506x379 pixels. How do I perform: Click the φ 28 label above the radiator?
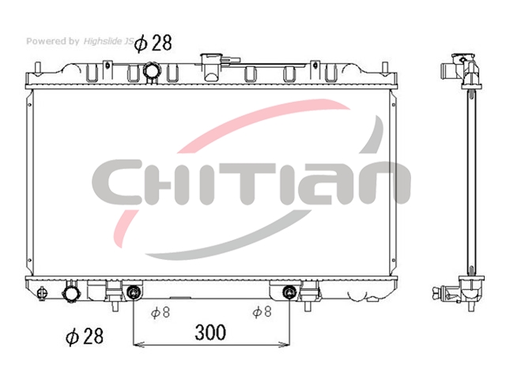click(153, 43)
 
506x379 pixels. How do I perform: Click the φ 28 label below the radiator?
click(85, 336)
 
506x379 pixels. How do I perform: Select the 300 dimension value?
click(210, 332)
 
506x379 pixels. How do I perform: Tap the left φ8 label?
click(160, 312)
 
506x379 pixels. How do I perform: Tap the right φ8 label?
click(262, 312)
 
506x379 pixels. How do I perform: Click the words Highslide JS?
click(108, 41)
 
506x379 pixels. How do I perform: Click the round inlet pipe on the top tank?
click(151, 71)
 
